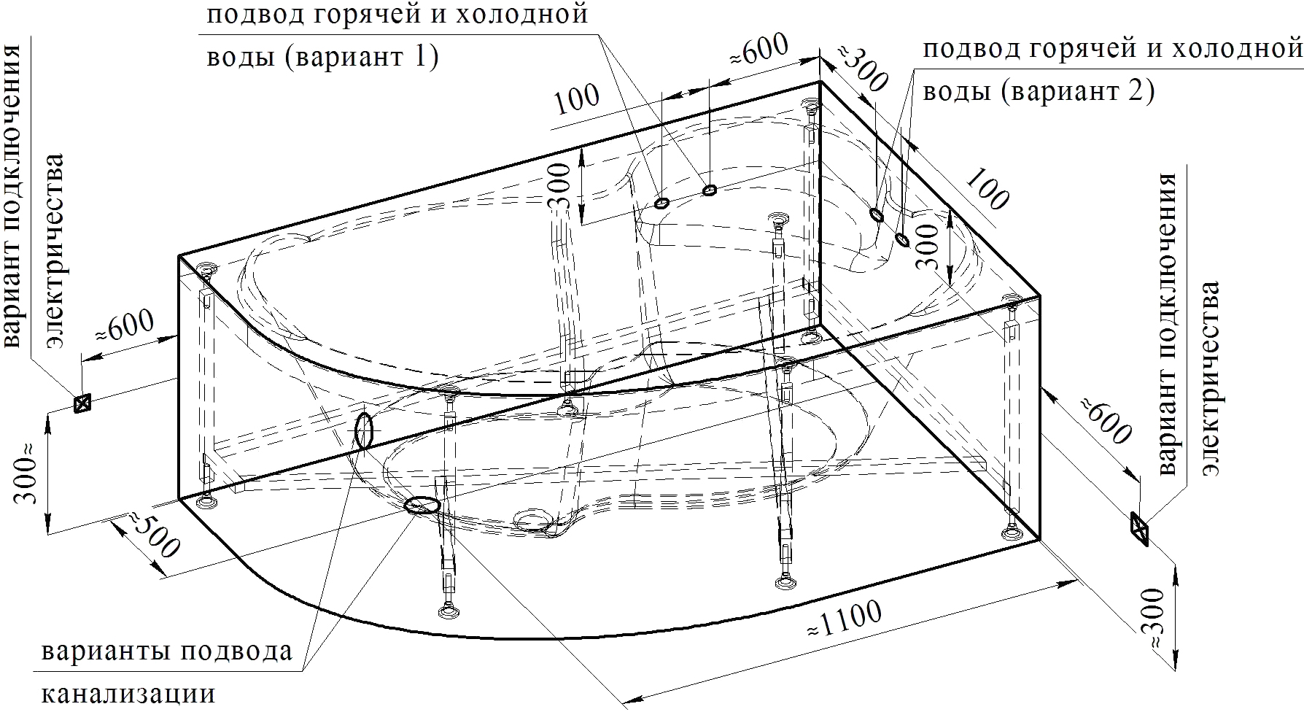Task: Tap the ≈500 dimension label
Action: coord(153,537)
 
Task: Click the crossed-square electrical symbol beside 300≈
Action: coord(82,403)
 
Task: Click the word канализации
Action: coord(128,693)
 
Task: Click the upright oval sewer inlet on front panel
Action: coord(364,430)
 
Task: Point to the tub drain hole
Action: coord(538,521)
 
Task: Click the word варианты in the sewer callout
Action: coord(102,651)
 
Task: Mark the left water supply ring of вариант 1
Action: coord(661,204)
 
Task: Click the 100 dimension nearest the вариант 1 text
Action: coord(578,100)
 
